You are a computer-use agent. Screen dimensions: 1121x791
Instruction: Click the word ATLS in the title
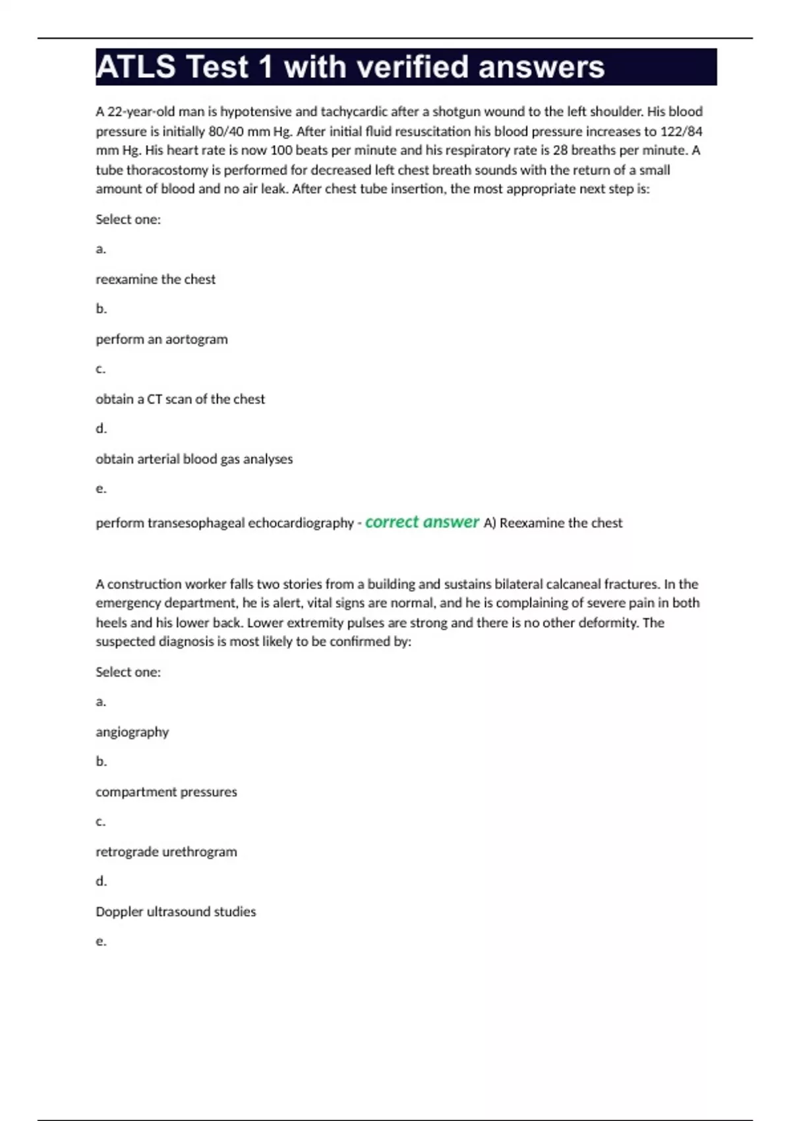pyautogui.click(x=136, y=67)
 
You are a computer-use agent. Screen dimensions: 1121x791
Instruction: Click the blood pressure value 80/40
pyautogui.click(x=225, y=131)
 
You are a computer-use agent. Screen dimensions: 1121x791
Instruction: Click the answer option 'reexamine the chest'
pyautogui.click(x=156, y=280)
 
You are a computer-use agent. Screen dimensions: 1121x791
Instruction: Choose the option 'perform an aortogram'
pyautogui.click(x=161, y=340)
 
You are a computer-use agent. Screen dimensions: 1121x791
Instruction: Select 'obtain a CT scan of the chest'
pyautogui.click(x=180, y=399)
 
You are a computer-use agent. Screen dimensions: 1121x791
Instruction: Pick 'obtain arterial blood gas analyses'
pyautogui.click(x=194, y=459)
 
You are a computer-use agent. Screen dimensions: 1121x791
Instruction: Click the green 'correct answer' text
pyautogui.click(x=422, y=522)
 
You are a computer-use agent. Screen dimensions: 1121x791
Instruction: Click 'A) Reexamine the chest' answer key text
pyautogui.click(x=552, y=523)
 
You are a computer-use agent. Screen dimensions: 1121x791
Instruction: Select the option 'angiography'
pyautogui.click(x=132, y=732)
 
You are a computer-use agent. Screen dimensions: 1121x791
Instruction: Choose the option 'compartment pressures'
pyautogui.click(x=166, y=792)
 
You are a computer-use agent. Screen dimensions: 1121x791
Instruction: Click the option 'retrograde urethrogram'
pyautogui.click(x=166, y=852)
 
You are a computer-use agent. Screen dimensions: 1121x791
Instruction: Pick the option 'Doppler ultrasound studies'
pyautogui.click(x=175, y=912)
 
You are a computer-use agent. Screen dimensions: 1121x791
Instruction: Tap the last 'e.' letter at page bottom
pyautogui.click(x=101, y=942)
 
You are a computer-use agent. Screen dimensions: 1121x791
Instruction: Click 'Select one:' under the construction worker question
pyautogui.click(x=128, y=672)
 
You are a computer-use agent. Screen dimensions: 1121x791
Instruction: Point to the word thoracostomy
pyautogui.click(x=167, y=170)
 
